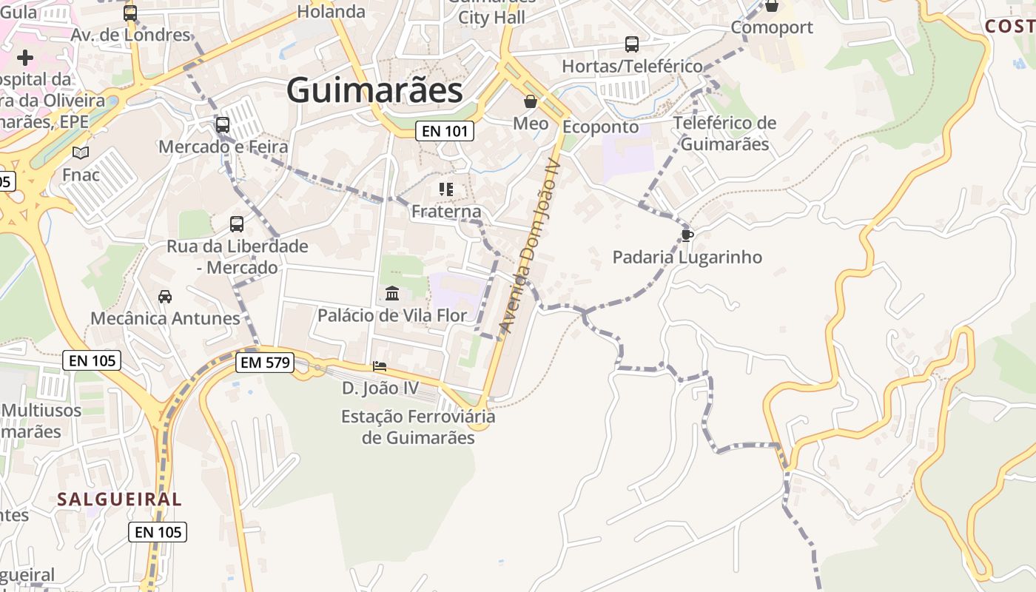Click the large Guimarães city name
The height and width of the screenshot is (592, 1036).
point(374,91)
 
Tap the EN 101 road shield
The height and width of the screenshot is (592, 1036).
point(444,132)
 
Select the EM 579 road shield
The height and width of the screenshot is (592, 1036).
point(265,363)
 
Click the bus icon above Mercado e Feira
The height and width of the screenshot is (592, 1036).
point(223,124)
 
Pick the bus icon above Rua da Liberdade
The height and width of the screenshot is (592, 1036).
point(237,223)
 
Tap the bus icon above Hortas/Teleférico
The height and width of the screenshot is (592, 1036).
point(632,44)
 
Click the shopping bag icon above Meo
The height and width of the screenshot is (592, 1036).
point(531,101)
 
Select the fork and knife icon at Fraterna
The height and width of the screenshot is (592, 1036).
point(445,189)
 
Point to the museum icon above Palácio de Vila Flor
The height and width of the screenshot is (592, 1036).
point(392,294)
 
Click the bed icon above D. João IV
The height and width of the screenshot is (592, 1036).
point(380,366)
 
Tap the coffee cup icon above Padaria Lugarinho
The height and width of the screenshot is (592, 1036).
point(687,235)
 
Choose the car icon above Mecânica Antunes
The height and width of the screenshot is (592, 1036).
point(165,297)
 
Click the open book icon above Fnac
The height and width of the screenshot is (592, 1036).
point(81,153)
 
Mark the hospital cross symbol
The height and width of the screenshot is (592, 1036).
point(25,57)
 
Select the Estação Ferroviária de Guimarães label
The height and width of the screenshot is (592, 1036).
point(418,427)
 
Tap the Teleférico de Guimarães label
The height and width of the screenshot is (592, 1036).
point(725,133)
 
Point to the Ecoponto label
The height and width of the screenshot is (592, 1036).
point(600,127)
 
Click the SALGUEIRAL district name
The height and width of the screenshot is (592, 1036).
point(119,499)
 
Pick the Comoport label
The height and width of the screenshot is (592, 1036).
point(772,27)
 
